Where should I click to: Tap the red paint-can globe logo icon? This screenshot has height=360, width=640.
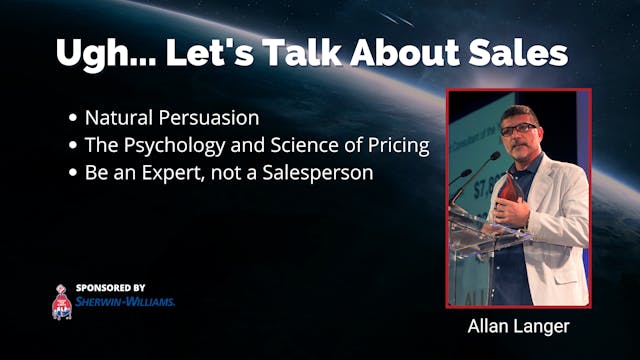pyautogui.click(x=63, y=301)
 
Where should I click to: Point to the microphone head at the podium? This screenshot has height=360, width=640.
pyautogui.click(x=492, y=159)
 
